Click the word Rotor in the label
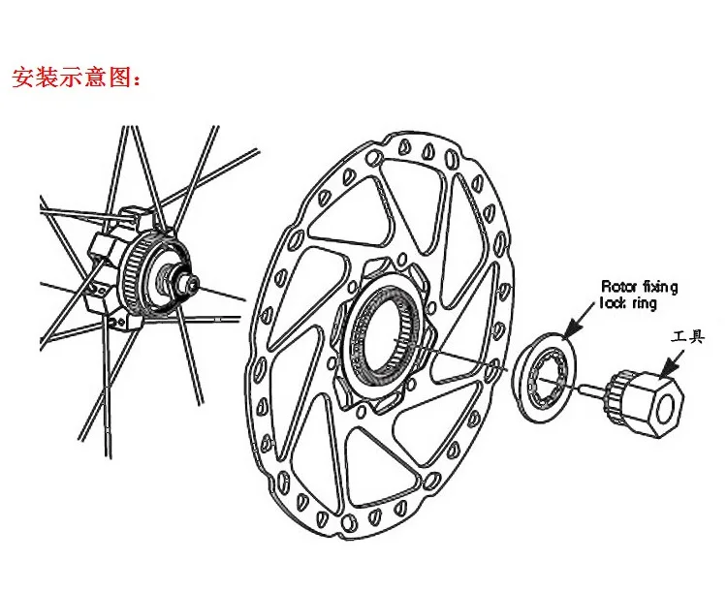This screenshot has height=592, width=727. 619,286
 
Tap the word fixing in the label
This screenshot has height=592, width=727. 660,288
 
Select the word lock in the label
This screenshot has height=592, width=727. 615,303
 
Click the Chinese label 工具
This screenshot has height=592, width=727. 687,336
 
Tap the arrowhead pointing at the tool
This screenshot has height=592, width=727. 669,367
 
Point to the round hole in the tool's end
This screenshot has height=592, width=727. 667,409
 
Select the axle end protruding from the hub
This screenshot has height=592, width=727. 190,282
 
